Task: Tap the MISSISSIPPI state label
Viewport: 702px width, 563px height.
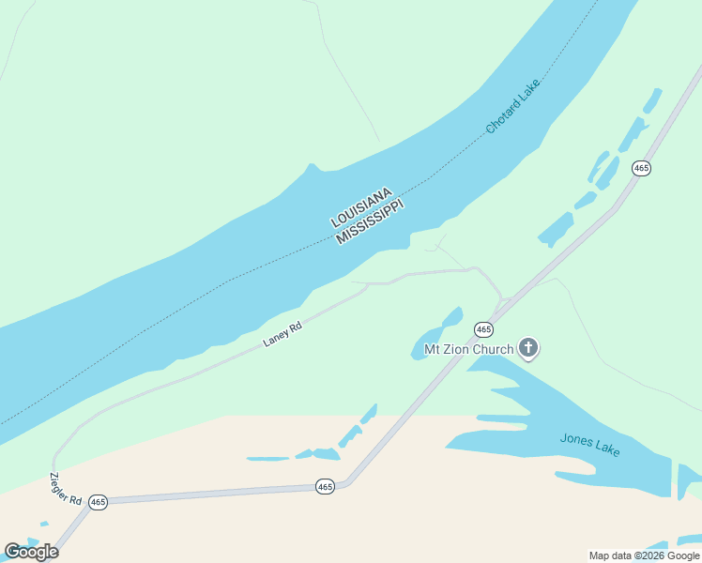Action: coord(370,222)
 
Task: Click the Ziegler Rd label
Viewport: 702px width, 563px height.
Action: coord(66,484)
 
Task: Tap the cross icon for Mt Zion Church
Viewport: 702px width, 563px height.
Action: coord(528,349)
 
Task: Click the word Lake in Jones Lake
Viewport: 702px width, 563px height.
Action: coord(607,449)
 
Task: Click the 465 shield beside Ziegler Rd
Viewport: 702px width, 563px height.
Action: coord(98,502)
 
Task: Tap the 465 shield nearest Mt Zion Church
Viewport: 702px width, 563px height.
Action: coord(483,329)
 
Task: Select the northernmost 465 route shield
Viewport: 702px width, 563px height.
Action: coord(641,168)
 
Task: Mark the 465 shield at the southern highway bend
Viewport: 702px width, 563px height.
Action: coord(325,486)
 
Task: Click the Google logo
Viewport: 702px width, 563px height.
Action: coord(32,552)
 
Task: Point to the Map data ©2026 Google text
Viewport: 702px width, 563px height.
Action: coord(644,555)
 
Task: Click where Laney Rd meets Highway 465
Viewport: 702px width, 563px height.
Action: coord(501,302)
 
